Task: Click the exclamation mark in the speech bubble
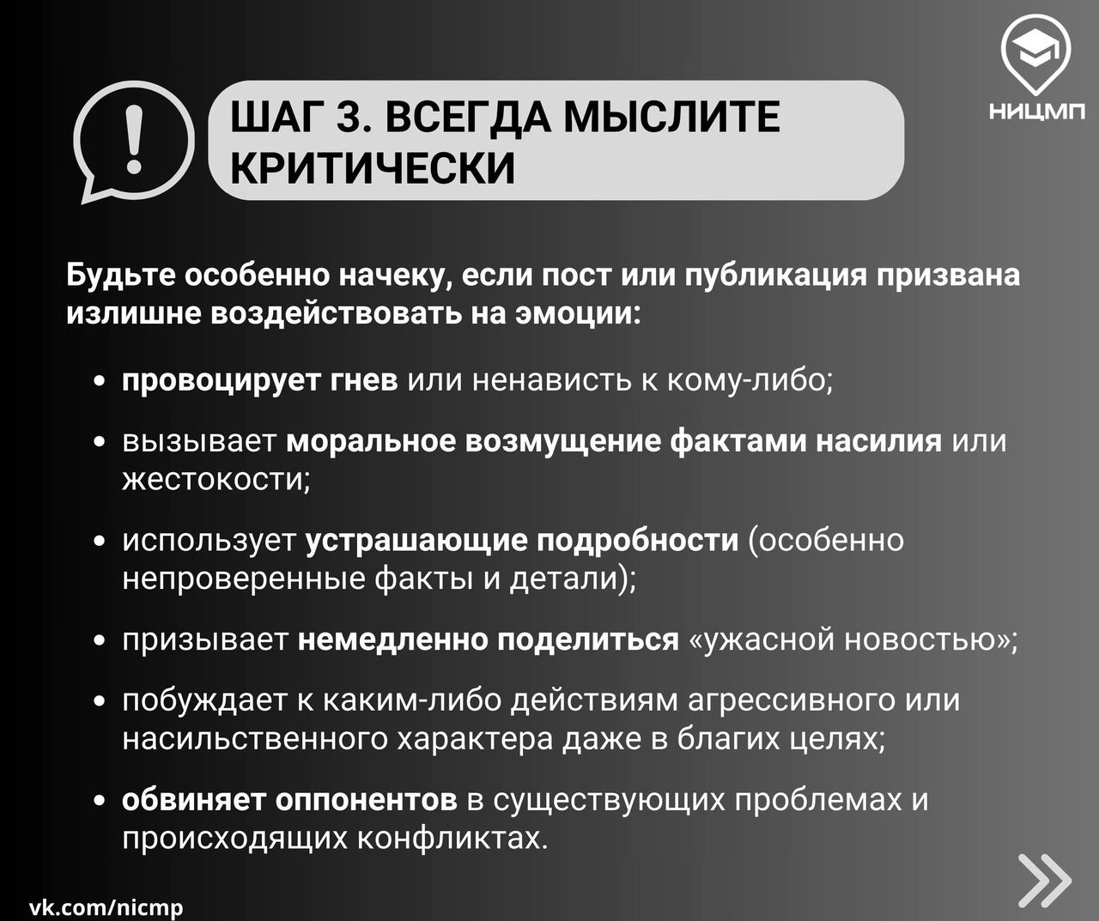[x=134, y=138]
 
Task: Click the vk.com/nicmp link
[x=106, y=906]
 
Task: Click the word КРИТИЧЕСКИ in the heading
[x=373, y=168]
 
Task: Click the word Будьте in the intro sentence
[x=120, y=276]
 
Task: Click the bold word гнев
[x=364, y=380]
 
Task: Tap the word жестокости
[x=216, y=479]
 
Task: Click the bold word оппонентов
[x=367, y=800]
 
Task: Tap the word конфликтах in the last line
[x=452, y=838]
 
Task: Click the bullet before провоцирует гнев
[x=99, y=382]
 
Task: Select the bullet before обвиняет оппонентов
[x=99, y=801]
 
